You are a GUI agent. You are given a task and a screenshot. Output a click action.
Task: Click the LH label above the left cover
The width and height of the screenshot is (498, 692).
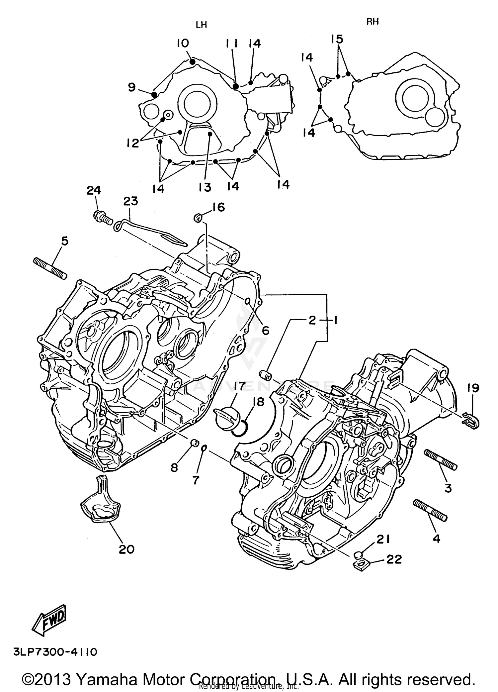pyautogui.click(x=201, y=25)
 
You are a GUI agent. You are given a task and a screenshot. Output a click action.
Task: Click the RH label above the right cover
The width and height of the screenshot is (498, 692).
pyautogui.click(x=373, y=22)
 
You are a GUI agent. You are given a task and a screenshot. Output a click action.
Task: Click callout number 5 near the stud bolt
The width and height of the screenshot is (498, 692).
pyautogui.click(x=65, y=241)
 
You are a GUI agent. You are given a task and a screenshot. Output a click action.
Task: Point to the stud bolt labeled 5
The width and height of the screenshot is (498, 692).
pyautogui.click(x=50, y=268)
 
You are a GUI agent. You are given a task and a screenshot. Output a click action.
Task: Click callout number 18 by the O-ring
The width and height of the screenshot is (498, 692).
pyautogui.click(x=258, y=402)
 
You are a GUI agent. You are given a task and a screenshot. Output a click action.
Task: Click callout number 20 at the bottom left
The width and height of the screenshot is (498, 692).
pyautogui.click(x=126, y=549)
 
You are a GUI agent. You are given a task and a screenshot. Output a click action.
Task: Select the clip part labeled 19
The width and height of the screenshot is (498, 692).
pyautogui.click(x=471, y=421)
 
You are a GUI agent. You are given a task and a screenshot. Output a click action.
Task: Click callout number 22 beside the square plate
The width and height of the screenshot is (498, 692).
pyautogui.click(x=394, y=559)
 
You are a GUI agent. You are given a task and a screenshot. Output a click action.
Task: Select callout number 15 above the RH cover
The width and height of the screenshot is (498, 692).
pyautogui.click(x=337, y=39)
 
